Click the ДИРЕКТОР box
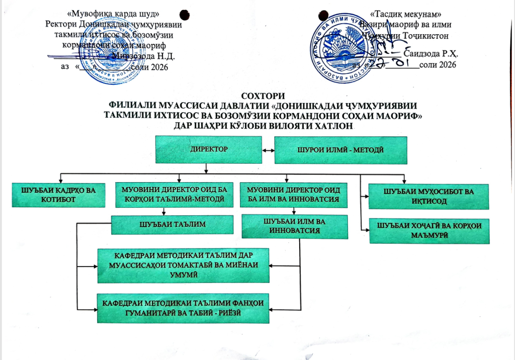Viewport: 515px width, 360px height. [208, 150]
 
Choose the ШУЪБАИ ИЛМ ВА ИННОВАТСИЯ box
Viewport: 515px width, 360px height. [295, 226]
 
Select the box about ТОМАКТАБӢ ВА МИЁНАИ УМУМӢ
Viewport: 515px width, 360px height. [185, 265]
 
